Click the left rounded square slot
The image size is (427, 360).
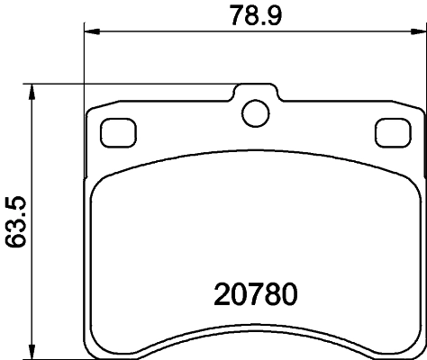pyautogui.click(x=114, y=132)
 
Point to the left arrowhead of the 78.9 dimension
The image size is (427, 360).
pyautogui.click(x=89, y=33)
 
